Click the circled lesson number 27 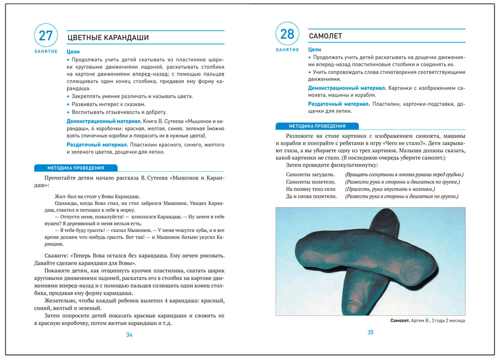(x=46, y=35)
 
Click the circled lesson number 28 (x=287, y=34)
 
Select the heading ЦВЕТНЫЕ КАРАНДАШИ (x=108, y=38)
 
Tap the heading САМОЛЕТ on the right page (x=325, y=36)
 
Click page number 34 (x=129, y=335)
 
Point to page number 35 (x=370, y=332)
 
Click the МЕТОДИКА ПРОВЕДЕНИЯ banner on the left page (x=76, y=168)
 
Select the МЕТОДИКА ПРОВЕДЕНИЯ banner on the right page (x=317, y=126)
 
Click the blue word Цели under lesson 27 (x=73, y=52)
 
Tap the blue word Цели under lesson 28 (x=314, y=49)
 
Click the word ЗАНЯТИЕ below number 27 (x=46, y=51)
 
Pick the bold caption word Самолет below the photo (x=400, y=321)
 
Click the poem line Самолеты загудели (x=310, y=175)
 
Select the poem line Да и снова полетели (x=311, y=196)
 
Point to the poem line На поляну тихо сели (x=311, y=189)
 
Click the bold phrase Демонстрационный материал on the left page (x=104, y=121)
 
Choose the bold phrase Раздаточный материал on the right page (x=339, y=104)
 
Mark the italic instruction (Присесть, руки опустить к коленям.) (x=390, y=189)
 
